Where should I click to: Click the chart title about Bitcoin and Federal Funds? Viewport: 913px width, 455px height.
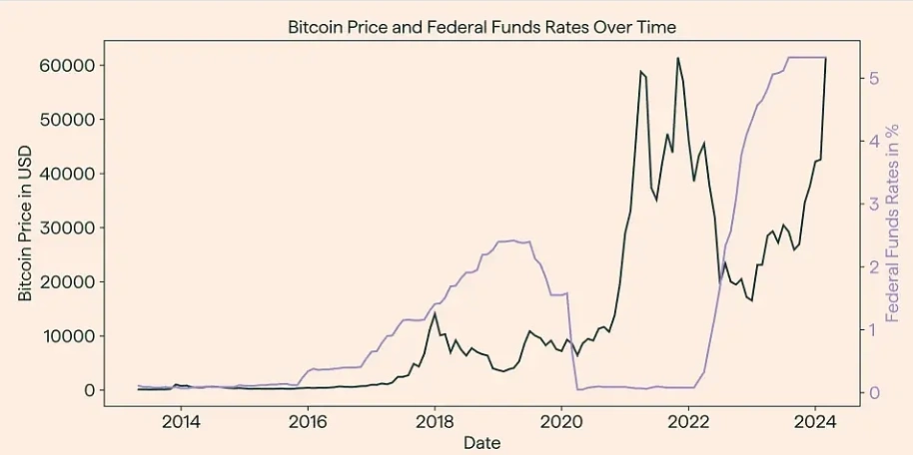point(481,27)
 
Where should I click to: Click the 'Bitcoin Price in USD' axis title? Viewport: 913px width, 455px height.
point(26,227)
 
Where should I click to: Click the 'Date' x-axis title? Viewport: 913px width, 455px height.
point(481,441)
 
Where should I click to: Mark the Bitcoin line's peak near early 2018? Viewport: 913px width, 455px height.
point(435,313)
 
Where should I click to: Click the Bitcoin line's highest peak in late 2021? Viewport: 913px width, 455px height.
point(678,58)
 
